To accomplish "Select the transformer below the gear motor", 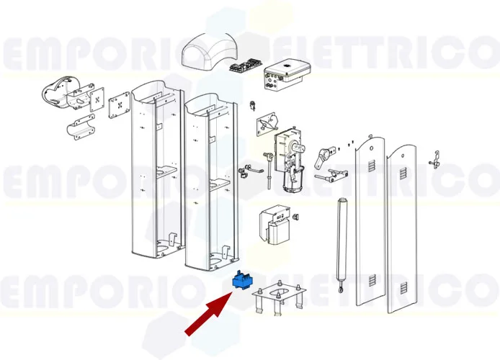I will click(x=277, y=227).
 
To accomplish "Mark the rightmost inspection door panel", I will click(x=402, y=230).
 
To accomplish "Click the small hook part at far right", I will click(x=435, y=160).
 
